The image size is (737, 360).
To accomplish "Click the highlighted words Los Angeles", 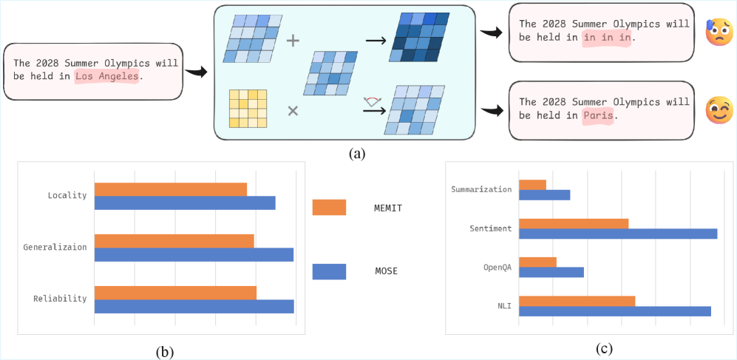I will coord(106,76).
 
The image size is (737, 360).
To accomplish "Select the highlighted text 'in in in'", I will coord(607,37).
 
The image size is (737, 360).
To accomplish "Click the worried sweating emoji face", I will coord(719,33).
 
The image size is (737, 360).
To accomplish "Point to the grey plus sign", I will coord(293,41).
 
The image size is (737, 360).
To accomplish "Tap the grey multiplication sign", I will coord(293,111).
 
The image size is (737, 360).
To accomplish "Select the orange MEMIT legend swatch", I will coord(330,208).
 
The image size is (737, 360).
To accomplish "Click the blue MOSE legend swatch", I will coord(330,271).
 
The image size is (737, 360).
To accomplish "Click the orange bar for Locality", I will coord(171,189).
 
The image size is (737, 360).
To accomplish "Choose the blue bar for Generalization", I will coord(194,254).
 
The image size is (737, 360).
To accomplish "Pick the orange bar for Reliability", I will coord(175,292).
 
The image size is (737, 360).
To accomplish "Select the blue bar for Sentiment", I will coord(618,234).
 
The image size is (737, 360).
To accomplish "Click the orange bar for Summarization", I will coord(532,185).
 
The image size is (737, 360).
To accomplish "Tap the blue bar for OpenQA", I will coord(551,272).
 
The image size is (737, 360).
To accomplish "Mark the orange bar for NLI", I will coord(577,301).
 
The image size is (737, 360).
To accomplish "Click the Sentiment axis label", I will coord(490,228).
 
